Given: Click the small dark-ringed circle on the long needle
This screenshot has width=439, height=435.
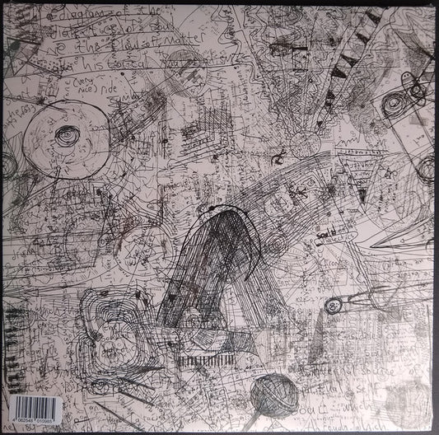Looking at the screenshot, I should click(333, 307).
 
